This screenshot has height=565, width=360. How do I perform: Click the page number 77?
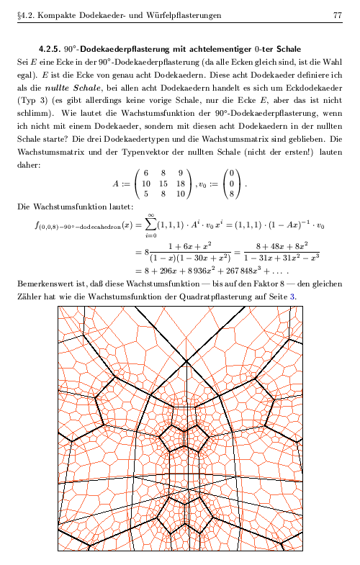point(337,15)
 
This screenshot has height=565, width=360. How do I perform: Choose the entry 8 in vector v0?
point(232,194)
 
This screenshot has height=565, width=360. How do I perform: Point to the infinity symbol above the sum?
point(150,214)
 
